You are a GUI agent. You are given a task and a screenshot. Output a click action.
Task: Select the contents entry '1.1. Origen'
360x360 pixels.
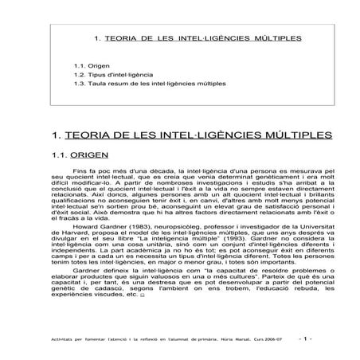point(88,66)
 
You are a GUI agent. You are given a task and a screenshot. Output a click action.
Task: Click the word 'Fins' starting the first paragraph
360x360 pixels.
point(79,171)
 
